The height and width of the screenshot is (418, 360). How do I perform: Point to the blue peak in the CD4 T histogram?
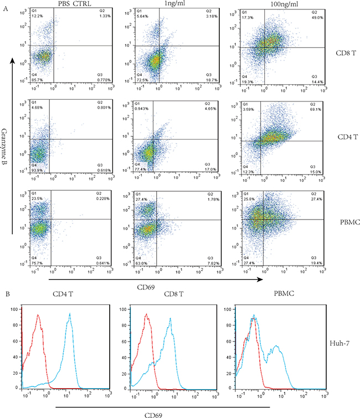70,314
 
